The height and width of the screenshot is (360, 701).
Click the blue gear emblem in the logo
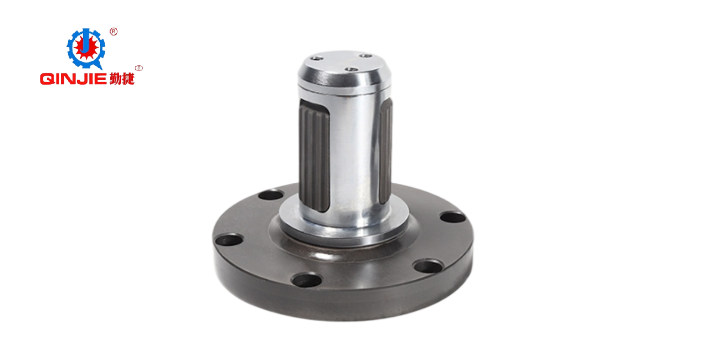(86, 48)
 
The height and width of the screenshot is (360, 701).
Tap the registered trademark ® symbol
(114, 32)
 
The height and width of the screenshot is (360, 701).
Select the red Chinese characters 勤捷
(122, 79)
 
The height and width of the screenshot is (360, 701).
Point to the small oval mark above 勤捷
(138, 68)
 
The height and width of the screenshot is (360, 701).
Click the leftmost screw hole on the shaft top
(316, 58)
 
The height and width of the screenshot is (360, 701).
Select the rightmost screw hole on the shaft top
(365, 55)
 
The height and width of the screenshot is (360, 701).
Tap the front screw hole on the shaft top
(349, 70)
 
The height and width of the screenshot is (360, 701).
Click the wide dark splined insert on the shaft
(314, 156)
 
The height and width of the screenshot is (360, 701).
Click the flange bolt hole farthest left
(228, 240)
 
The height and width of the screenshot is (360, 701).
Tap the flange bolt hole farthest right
(452, 217)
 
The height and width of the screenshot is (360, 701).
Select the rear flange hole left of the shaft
(271, 195)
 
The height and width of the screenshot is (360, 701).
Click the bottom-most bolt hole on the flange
(307, 280)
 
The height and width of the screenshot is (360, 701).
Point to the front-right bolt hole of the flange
(428, 266)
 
